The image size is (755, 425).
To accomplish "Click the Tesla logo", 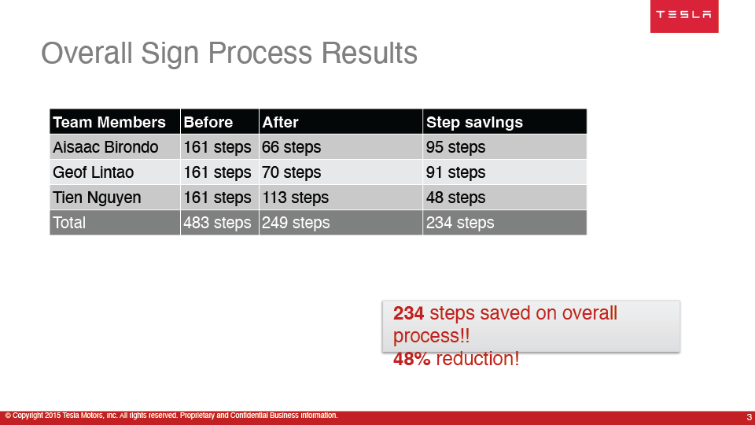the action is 683,16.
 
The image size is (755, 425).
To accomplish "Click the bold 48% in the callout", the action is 411,359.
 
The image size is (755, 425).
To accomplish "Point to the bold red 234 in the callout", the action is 408,313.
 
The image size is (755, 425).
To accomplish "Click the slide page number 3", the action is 749,417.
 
